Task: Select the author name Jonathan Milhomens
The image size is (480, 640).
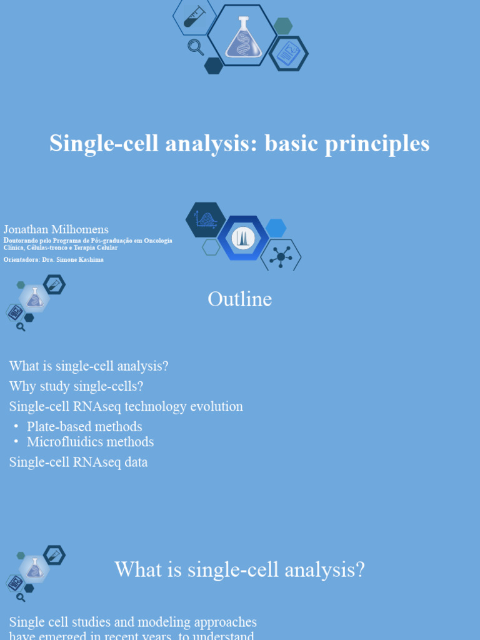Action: pos(56,230)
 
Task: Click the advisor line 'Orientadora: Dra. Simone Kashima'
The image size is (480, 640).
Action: pos(54,259)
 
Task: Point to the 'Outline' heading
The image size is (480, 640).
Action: pos(239,299)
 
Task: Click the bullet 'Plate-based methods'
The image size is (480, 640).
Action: pos(84,427)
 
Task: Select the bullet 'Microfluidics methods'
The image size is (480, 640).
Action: pos(90,442)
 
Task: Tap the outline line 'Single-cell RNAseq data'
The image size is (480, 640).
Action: pos(78,462)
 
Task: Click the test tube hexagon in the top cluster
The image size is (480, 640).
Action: pos(194,16)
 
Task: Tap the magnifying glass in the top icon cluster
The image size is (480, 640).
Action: pos(196,47)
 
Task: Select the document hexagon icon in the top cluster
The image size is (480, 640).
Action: pos(288,54)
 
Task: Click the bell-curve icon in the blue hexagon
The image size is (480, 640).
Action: pos(243,238)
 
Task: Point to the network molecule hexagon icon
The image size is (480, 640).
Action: pos(281,256)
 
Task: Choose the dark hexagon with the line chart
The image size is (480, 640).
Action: pos(206,220)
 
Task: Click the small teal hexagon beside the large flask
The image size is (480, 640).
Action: pos(283,26)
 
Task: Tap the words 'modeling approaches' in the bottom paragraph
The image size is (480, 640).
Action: pos(192,622)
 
